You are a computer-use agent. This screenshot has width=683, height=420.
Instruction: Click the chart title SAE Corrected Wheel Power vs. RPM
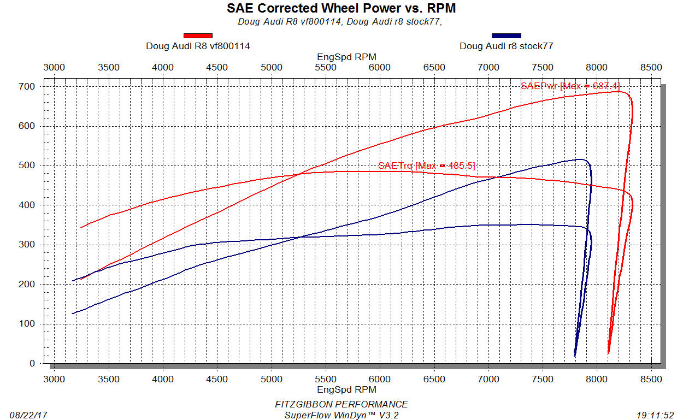341,8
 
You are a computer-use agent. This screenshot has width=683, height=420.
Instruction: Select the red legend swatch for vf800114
198,36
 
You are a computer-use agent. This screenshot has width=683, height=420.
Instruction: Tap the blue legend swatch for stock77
507,36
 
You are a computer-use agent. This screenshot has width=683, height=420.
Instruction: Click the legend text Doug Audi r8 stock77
507,46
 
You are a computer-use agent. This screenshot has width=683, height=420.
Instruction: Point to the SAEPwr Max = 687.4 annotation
570,86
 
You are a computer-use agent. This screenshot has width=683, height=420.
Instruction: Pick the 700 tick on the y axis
28,87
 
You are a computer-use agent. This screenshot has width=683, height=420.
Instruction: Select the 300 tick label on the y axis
28,245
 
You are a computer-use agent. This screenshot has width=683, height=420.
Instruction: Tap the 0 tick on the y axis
32,363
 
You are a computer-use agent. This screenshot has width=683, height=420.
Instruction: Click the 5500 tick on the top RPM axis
326,67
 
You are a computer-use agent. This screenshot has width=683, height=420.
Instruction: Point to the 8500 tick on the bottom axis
651,379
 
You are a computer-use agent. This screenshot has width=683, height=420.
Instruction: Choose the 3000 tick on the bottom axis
54,379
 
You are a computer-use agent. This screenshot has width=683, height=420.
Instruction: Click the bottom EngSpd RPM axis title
346,389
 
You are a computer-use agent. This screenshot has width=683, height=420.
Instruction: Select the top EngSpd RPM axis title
346,57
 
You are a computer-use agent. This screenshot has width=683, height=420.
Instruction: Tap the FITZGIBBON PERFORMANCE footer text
341,404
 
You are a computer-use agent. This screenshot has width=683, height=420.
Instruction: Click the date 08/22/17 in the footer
29,415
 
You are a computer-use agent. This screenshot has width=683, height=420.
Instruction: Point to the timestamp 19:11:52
655,415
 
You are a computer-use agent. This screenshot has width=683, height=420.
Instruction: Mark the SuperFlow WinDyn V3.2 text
341,415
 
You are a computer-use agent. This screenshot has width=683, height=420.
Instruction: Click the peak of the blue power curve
579,159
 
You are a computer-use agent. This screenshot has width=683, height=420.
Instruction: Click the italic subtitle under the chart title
340,22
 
